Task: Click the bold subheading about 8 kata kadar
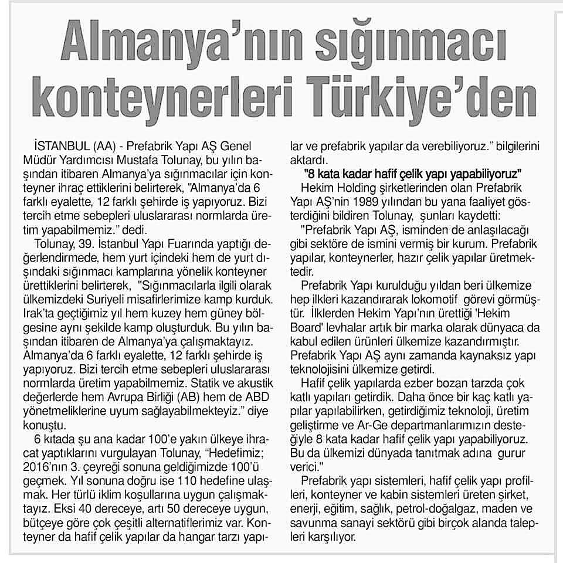click(414, 174)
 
